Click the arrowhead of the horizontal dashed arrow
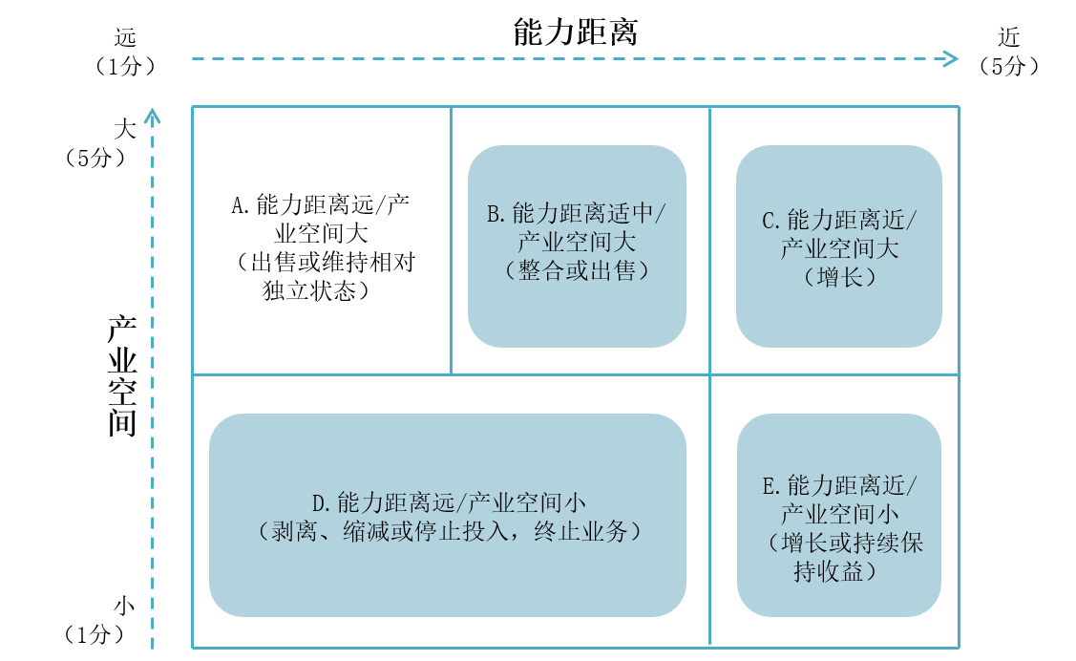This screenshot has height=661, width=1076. click(x=951, y=59)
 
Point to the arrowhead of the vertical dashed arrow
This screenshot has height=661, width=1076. click(x=152, y=116)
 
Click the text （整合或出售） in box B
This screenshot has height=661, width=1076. click(x=578, y=271)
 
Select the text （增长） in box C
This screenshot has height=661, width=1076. click(x=839, y=278)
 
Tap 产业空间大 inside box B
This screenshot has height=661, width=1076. click(x=578, y=243)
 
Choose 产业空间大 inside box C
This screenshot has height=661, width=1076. click(x=839, y=249)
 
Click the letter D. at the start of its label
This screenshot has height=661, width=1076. click(x=321, y=503)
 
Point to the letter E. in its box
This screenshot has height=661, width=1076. click(x=771, y=485)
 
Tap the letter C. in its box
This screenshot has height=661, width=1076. click(x=771, y=222)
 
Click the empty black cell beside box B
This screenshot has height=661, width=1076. click(x=322, y=240)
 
